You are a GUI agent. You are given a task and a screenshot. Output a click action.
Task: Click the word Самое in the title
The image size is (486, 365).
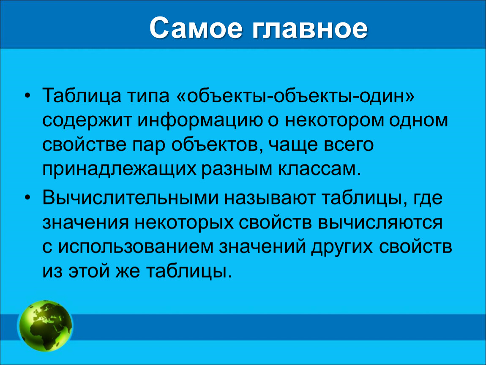[x=196, y=28]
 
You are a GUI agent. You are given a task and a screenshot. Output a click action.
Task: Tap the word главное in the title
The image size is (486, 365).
[x=310, y=28]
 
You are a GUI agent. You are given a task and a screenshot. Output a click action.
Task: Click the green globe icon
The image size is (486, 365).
[x=46, y=326]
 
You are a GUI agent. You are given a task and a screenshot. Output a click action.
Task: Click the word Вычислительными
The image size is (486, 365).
[x=131, y=198]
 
